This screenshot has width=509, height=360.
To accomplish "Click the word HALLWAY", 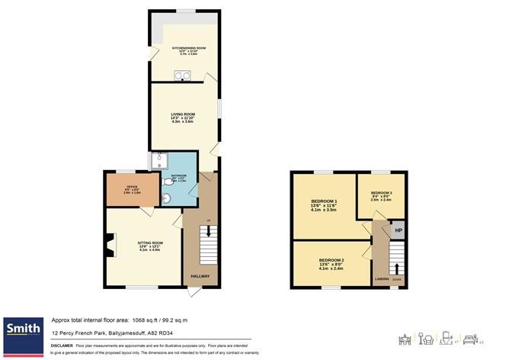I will coord(200,275).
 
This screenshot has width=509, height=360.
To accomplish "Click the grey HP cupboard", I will coord(398,230).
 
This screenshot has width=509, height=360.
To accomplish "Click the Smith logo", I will coord(24,329).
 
